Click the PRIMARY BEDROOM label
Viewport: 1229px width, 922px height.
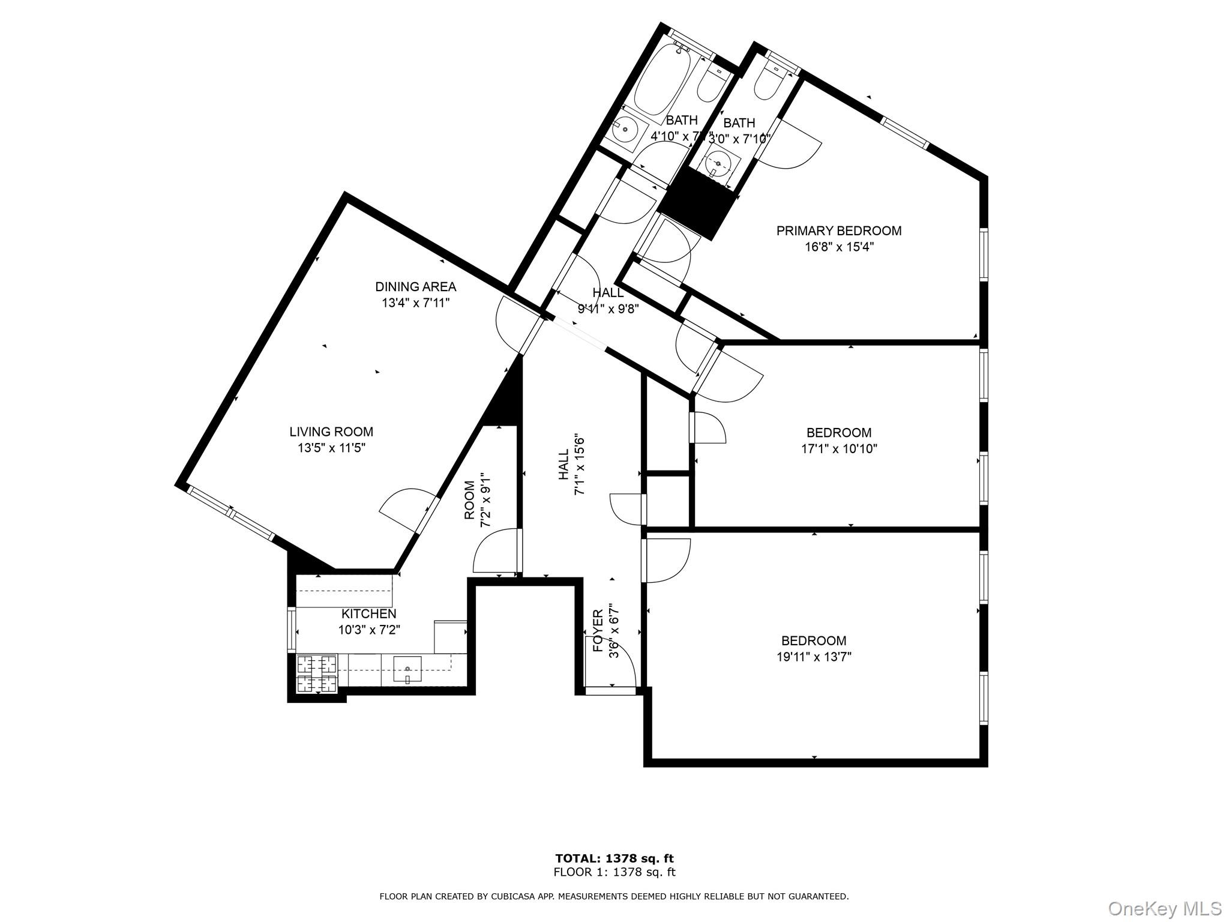[x=838, y=231]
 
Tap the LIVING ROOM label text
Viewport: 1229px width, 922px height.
[x=331, y=432]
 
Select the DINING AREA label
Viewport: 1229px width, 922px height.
[x=415, y=287]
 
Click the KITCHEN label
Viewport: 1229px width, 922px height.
[x=368, y=613]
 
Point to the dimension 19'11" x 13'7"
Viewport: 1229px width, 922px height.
[x=814, y=657]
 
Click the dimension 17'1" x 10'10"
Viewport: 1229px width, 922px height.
[x=839, y=448]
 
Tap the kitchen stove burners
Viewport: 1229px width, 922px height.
[x=317, y=673]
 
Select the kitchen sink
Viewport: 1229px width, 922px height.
[x=407, y=668]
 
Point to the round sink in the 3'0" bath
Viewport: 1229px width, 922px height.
[x=718, y=163]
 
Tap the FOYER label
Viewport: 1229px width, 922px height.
[x=598, y=630]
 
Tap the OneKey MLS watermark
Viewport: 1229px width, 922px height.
[x=1164, y=908]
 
